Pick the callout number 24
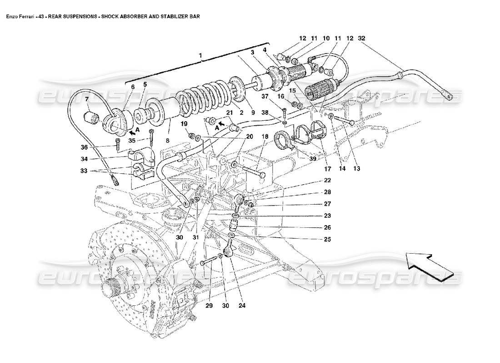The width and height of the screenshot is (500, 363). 241,305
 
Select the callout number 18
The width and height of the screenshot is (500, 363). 264,136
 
